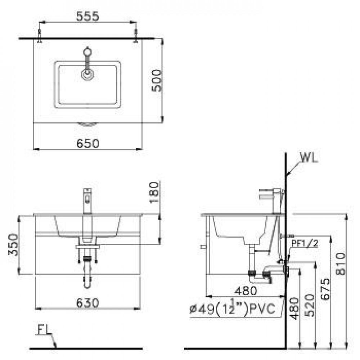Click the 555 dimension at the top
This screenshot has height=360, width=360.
click(x=87, y=16)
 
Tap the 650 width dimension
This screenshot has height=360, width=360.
click(x=88, y=144)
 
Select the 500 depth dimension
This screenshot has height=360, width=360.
click(x=157, y=81)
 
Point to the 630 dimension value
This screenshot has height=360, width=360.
click(x=88, y=303)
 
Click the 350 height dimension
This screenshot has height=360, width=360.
click(x=13, y=245)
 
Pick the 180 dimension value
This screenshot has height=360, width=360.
click(x=154, y=192)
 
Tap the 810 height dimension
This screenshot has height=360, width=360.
click(x=341, y=264)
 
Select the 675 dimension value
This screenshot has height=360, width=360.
click(x=325, y=289)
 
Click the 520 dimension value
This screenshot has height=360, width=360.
click(x=310, y=305)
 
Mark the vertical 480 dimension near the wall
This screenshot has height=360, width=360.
click(x=294, y=309)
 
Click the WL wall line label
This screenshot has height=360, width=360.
click(x=309, y=158)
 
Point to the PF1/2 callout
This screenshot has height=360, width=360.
click(x=305, y=243)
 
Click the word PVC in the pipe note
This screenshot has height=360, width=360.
click(x=262, y=309)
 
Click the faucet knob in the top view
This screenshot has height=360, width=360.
click(x=87, y=52)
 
